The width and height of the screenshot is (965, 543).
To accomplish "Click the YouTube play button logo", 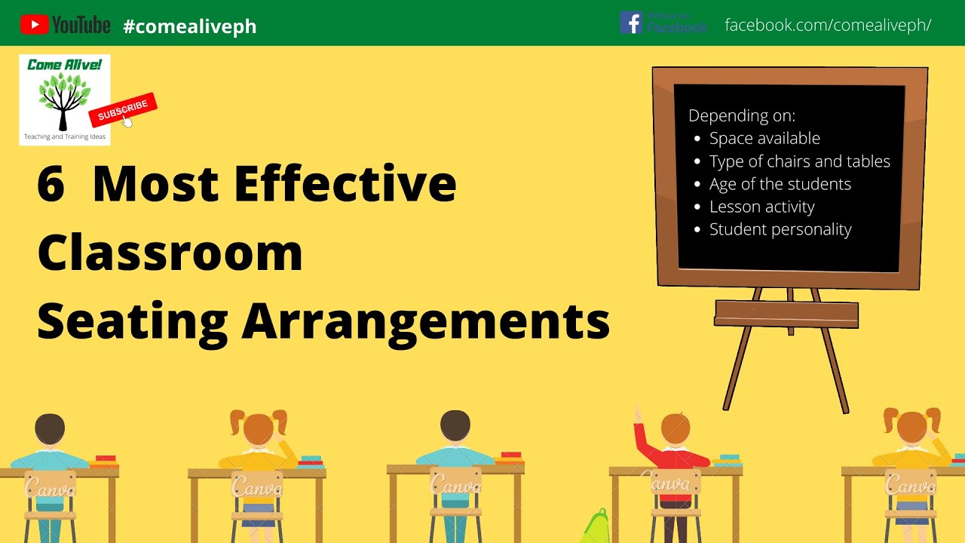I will click(34, 25).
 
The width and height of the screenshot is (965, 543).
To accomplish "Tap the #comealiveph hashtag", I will click(189, 26).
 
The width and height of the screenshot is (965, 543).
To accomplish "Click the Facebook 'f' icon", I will click(630, 23).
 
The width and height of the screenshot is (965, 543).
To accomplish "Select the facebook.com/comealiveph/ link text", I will click(828, 25).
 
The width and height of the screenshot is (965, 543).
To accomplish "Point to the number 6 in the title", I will click(51, 183).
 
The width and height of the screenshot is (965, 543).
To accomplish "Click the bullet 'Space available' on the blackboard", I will click(764, 138).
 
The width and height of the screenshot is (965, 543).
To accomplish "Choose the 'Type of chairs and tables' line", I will click(799, 161).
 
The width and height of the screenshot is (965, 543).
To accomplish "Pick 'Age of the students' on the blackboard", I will click(780, 184).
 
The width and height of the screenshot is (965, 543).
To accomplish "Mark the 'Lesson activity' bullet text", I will click(761, 207).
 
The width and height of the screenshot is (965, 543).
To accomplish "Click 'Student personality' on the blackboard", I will click(780, 229).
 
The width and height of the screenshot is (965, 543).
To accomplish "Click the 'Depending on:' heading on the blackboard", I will click(742, 115).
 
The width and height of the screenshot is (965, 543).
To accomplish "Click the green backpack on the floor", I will click(596, 526).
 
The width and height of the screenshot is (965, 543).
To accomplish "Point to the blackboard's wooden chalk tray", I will click(786, 313).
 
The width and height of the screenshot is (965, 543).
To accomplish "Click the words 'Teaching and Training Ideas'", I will click(65, 137).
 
